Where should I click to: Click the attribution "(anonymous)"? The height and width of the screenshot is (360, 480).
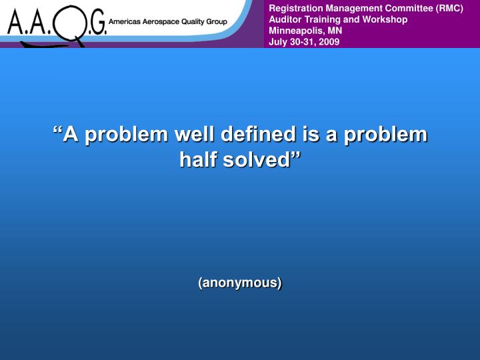[240, 283]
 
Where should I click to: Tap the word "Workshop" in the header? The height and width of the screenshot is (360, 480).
[385, 19]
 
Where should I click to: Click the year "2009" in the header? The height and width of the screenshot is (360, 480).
[329, 42]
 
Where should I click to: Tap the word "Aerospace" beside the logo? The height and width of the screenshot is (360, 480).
[163, 21]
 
